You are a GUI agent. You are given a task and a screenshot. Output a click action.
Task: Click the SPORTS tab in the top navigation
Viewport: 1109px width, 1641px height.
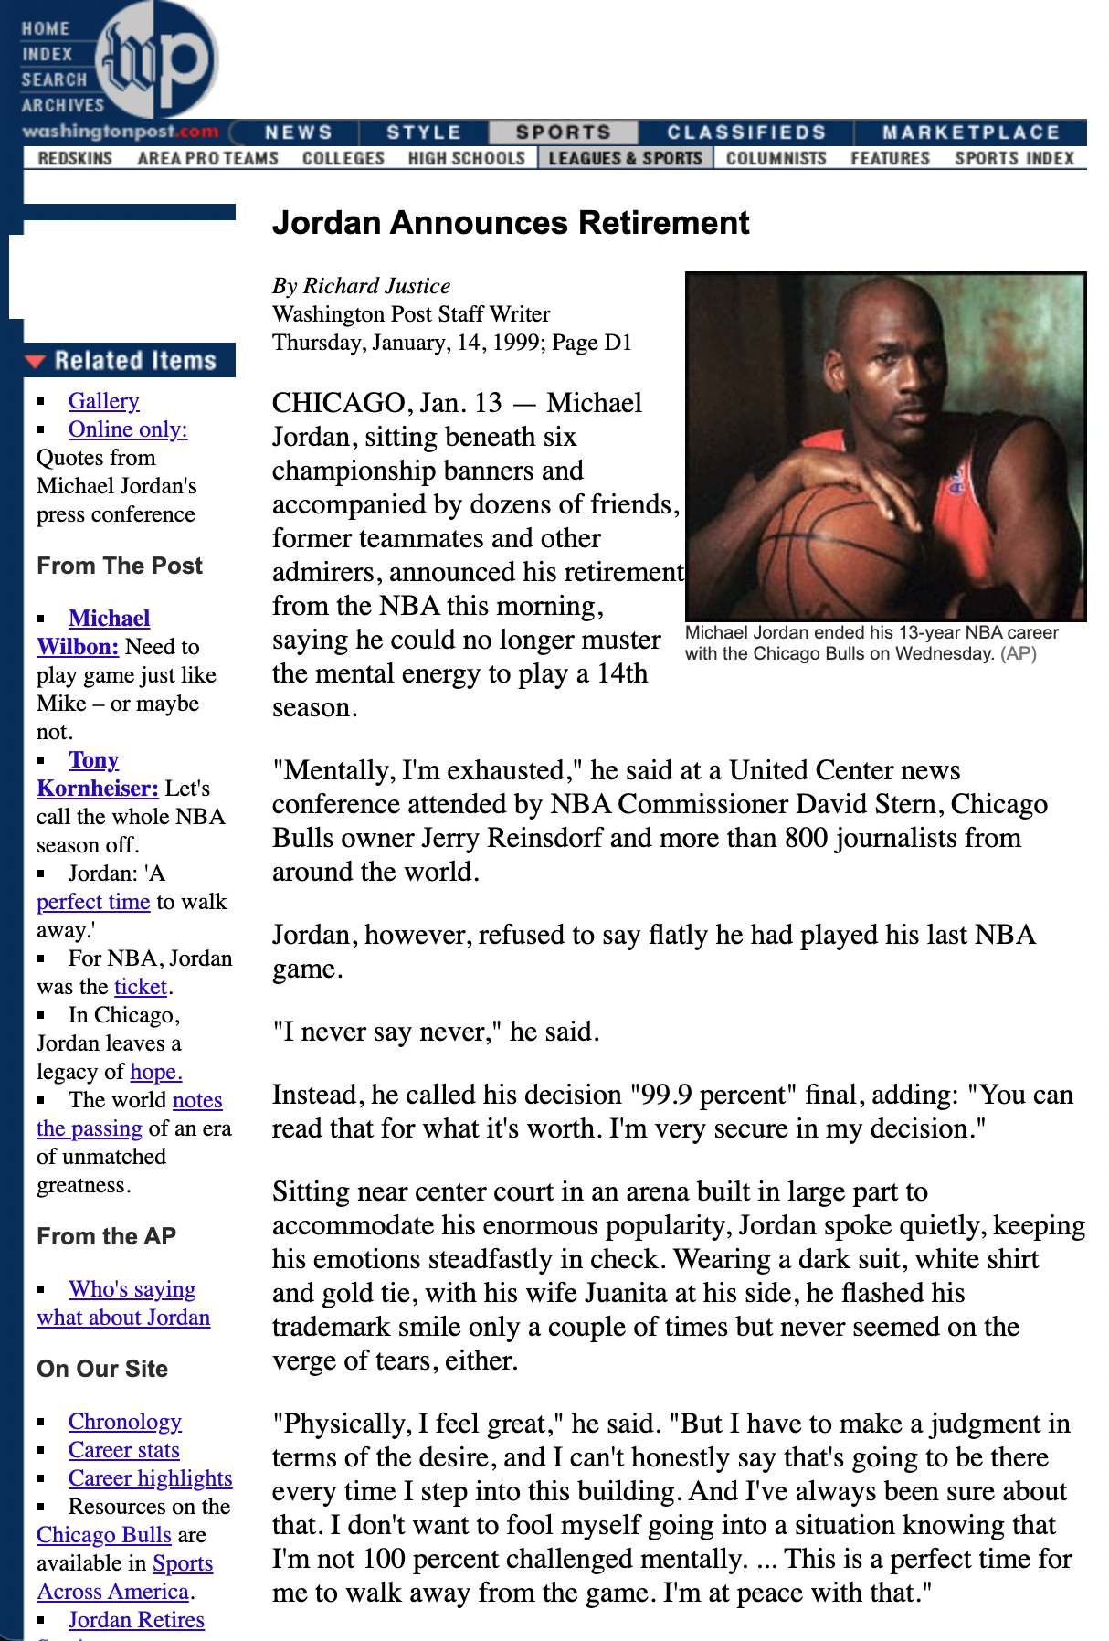(x=563, y=132)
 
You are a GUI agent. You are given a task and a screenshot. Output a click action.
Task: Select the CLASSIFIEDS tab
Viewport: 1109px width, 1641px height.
(x=745, y=132)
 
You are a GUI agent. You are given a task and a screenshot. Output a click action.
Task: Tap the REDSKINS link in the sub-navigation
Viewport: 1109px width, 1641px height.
(x=75, y=158)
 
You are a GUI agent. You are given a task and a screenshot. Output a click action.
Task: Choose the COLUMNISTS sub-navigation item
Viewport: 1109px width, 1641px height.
(x=776, y=158)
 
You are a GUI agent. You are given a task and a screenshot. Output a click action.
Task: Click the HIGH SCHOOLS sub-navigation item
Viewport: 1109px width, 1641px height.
(x=466, y=158)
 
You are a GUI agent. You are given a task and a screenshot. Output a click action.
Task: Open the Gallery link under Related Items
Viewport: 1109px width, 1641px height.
(x=103, y=401)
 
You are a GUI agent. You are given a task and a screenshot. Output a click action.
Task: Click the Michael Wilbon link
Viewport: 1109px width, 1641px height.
(x=109, y=619)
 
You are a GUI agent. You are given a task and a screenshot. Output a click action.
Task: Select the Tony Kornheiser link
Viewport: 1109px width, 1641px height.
(x=94, y=760)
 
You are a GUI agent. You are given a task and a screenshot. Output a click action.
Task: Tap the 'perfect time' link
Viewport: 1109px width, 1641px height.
(x=92, y=902)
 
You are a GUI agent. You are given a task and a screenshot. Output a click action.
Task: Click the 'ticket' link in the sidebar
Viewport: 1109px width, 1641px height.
(x=141, y=987)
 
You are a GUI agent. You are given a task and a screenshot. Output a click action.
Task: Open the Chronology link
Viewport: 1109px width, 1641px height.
(x=124, y=1422)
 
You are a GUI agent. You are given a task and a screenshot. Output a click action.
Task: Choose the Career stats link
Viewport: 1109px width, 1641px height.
(x=123, y=1450)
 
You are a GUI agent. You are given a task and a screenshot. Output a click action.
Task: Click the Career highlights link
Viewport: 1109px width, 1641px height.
(x=150, y=1478)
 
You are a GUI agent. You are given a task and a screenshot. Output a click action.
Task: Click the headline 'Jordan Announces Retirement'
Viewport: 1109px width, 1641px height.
(x=511, y=223)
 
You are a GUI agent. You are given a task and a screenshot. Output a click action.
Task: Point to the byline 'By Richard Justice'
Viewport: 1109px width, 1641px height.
(x=361, y=286)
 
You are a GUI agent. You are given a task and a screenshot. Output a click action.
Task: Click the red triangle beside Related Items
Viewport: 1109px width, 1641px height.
(x=36, y=361)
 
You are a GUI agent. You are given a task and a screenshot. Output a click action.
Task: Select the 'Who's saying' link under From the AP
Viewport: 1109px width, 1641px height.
(x=132, y=1289)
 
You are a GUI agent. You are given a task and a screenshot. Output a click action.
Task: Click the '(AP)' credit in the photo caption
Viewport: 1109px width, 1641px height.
(x=1019, y=653)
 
